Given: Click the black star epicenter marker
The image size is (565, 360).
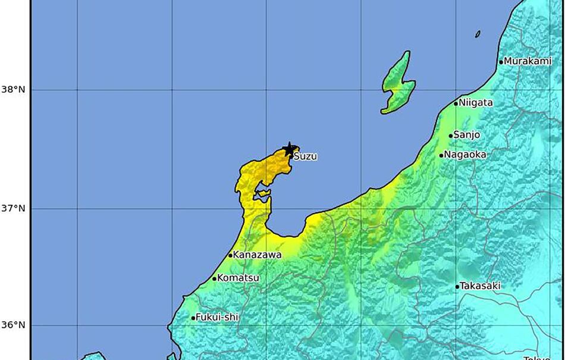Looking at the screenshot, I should click(290, 149).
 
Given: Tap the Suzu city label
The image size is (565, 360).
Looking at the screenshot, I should click(306, 157).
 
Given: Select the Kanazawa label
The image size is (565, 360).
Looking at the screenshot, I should click(258, 255).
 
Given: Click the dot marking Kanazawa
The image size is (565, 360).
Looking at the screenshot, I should click(230, 256).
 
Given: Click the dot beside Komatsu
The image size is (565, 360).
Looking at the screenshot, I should click(214, 278).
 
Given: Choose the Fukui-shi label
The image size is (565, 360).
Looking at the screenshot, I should click(218, 318).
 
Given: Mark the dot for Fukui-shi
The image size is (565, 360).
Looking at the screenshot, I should click(193, 318).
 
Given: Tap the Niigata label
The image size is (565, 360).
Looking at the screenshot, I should click(476, 102).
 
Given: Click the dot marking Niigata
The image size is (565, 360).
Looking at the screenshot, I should click(456, 104).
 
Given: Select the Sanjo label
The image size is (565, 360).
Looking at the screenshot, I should click(467, 135).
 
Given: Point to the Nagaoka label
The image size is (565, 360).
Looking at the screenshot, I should click(466, 155).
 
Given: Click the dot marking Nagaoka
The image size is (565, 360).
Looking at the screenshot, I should click(441, 155).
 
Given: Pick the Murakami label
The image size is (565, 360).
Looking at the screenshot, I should click(529, 61).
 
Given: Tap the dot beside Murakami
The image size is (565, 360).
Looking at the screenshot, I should click(501, 62).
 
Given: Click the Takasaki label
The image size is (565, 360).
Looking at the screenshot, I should click(481, 286).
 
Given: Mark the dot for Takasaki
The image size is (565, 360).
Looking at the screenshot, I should click(457, 287).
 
